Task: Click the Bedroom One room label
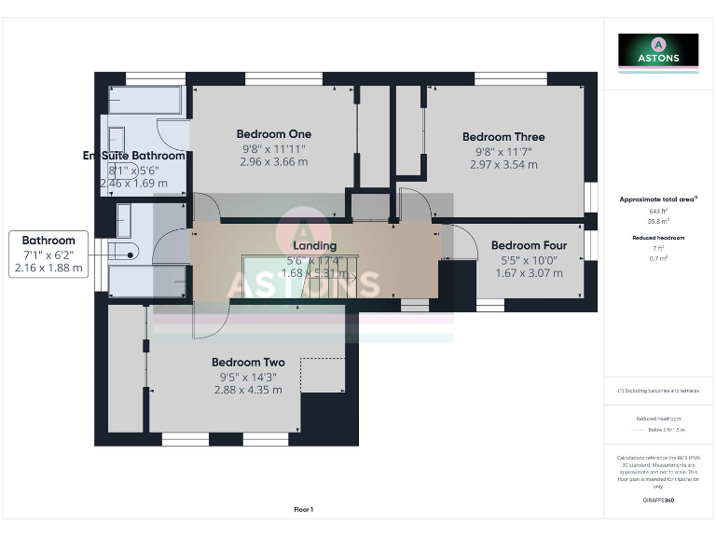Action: (274, 133)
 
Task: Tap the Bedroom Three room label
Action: (503, 137)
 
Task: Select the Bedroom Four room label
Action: (529, 246)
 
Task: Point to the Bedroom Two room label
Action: (248, 363)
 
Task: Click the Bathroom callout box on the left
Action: (48, 254)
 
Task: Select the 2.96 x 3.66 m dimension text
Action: (274, 161)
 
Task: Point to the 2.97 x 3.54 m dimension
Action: (503, 165)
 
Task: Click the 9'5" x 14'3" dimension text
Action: (248, 377)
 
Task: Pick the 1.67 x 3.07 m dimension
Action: (529, 273)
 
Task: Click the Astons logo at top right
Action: (658, 51)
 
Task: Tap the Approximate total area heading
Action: (658, 200)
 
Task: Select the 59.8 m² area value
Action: (658, 222)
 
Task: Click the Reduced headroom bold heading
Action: (658, 238)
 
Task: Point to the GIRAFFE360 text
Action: (658, 502)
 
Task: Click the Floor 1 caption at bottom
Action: (304, 509)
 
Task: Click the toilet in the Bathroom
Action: (124, 249)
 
